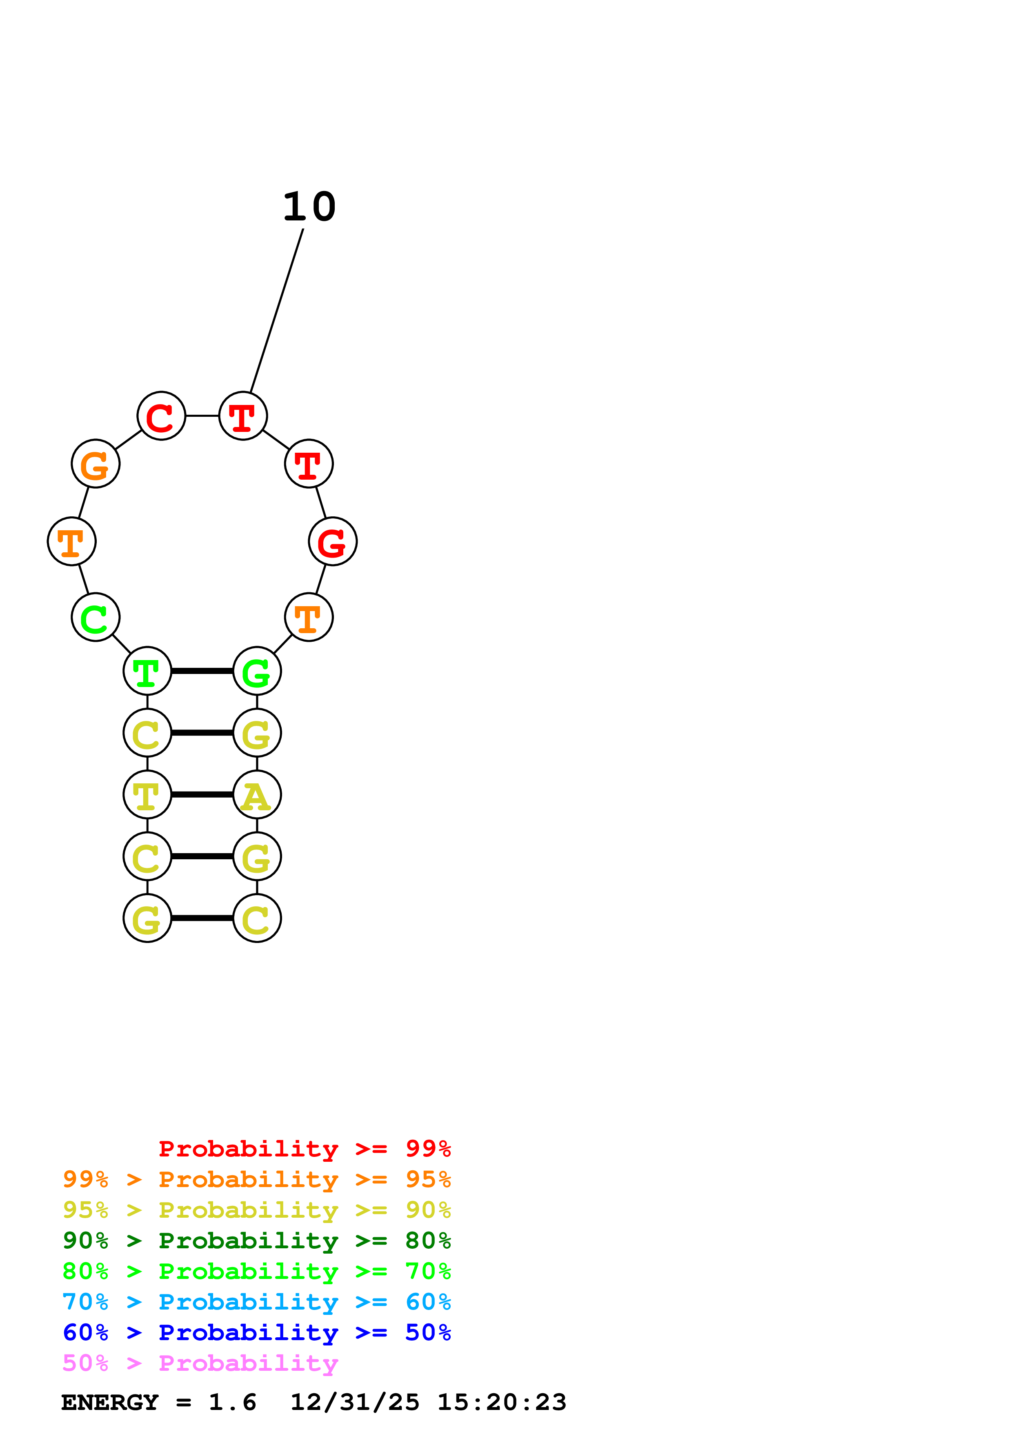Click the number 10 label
tap(309, 207)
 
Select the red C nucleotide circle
tap(162, 416)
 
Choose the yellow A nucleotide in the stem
tap(257, 795)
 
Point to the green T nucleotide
tap(147, 671)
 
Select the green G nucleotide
tap(257, 671)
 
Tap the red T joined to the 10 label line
tap(243, 416)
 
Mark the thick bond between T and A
tap(202, 795)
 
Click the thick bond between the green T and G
tap(202, 671)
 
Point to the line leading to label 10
tap(277, 311)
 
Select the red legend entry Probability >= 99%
tap(305, 1149)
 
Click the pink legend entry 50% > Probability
tap(200, 1363)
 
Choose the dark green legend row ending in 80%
tap(257, 1241)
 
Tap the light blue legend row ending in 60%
tap(257, 1302)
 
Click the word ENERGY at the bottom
tap(110, 1403)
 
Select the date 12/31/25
tap(355, 1403)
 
